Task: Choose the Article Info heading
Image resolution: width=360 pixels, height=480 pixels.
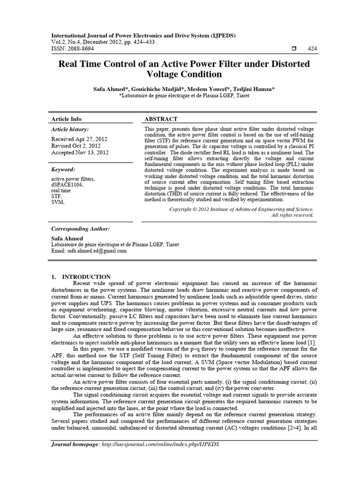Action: (66, 119)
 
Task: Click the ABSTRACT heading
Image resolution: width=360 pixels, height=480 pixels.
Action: (161, 119)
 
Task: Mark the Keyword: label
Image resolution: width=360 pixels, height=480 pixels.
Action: (63, 170)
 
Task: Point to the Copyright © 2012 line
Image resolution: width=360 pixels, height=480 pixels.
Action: (241, 209)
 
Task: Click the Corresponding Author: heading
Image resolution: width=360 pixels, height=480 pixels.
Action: (80, 229)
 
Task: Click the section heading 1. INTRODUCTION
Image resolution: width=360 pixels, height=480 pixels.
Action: (81, 277)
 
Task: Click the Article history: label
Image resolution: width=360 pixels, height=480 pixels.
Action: (69, 129)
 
